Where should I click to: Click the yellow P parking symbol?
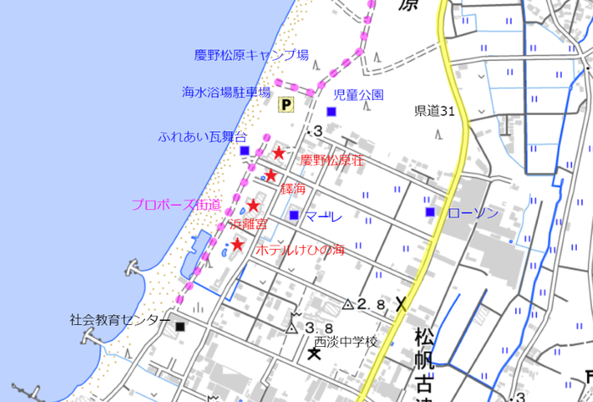click(x=286, y=104)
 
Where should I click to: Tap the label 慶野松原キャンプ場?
click(x=251, y=56)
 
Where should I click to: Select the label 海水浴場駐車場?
click(x=226, y=91)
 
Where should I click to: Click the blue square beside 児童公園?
click(x=332, y=112)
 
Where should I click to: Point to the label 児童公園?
click(x=358, y=94)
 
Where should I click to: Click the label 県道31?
click(x=435, y=111)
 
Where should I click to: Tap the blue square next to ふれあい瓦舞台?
click(x=245, y=151)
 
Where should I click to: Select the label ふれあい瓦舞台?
click(x=202, y=136)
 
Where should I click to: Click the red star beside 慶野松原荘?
click(x=279, y=152)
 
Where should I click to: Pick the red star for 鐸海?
click(x=270, y=175)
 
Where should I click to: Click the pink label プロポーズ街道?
click(x=176, y=204)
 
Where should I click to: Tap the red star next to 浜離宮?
click(x=252, y=205)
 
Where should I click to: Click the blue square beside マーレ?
click(x=293, y=215)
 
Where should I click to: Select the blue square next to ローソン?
click(x=430, y=211)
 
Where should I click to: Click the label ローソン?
click(x=474, y=212)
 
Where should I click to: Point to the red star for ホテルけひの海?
click(x=238, y=245)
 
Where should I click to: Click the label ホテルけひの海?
click(x=300, y=250)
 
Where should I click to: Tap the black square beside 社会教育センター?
click(x=180, y=325)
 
